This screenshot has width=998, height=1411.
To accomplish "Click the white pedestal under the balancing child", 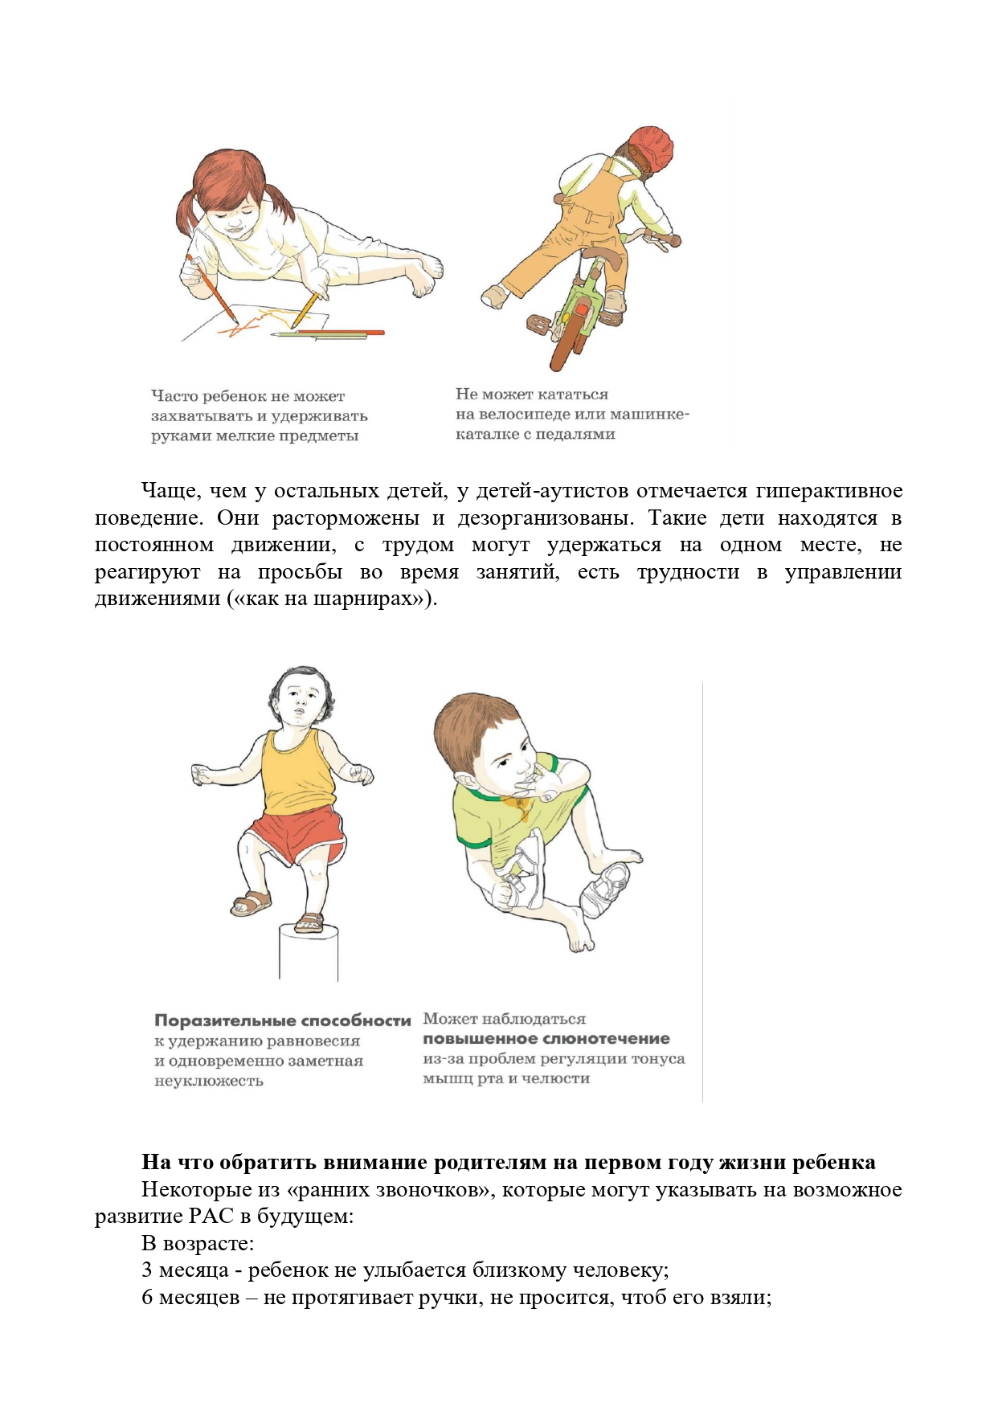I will pyautogui.click(x=309, y=954).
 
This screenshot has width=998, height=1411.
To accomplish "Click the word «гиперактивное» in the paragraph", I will pyautogui.click(x=829, y=491).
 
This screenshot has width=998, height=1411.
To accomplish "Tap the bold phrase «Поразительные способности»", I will pyautogui.click(x=283, y=1021).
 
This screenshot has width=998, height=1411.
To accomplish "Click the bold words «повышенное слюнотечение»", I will pyautogui.click(x=546, y=1039).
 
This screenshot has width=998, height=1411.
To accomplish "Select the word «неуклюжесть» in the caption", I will pyautogui.click(x=209, y=1082).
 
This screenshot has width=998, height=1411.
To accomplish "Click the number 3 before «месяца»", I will pyautogui.click(x=147, y=1270).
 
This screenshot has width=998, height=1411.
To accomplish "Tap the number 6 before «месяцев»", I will pyautogui.click(x=147, y=1298).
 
